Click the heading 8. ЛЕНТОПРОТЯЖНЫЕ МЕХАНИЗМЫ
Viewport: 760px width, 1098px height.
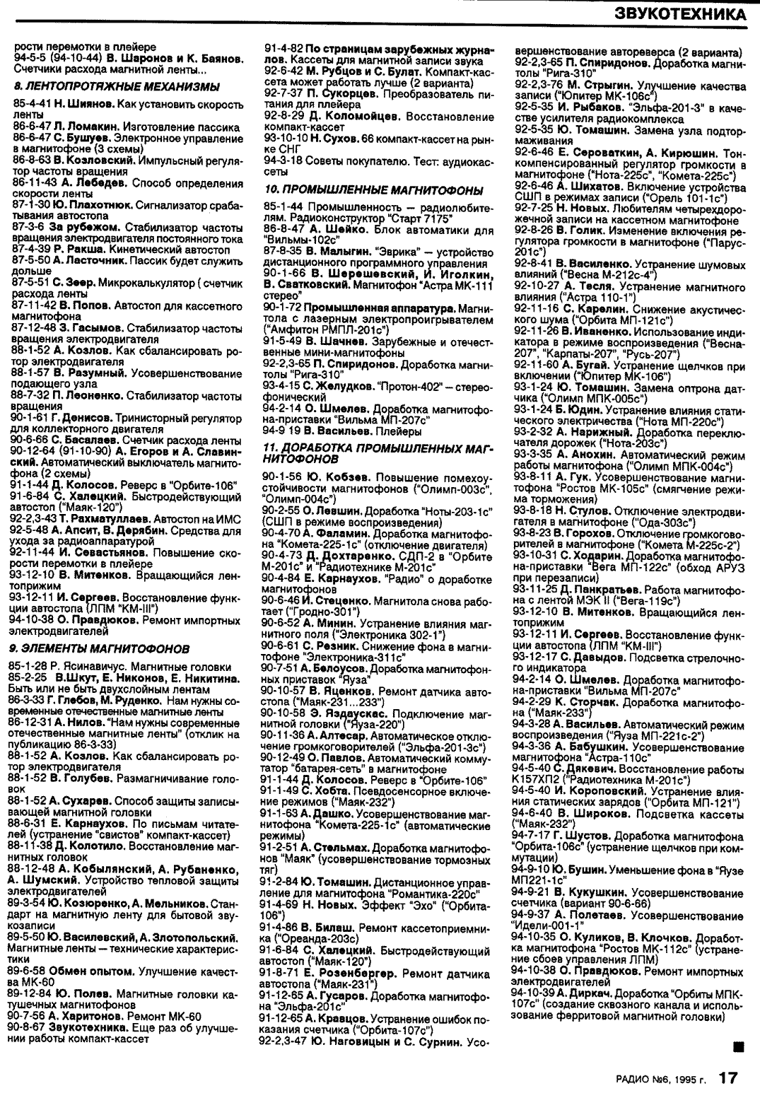click(117, 86)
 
